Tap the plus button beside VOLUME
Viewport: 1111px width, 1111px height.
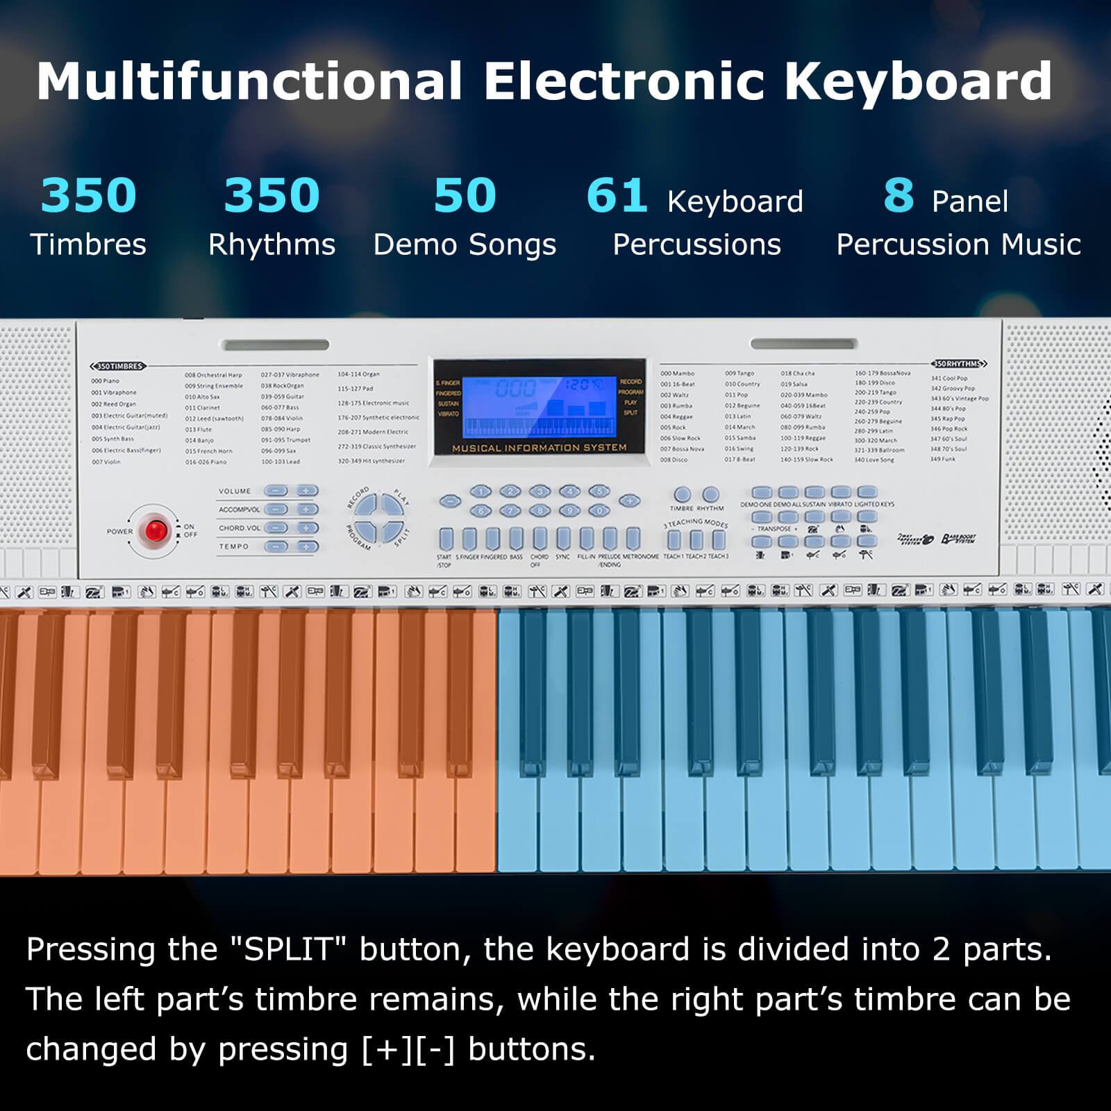pyautogui.click(x=306, y=491)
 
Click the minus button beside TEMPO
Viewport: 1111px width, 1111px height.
pyautogui.click(x=276, y=546)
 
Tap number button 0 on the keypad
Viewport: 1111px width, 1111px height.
pyautogui.click(x=599, y=511)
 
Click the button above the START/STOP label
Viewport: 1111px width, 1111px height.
pyautogui.click(x=446, y=539)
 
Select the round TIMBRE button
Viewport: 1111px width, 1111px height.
pyautogui.click(x=682, y=494)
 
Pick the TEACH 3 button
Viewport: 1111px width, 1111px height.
pyautogui.click(x=719, y=540)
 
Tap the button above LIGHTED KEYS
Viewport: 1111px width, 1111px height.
pyautogui.click(x=867, y=492)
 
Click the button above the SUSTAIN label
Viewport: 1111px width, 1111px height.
pyautogui.click(x=814, y=492)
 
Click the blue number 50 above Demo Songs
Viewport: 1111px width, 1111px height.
pyautogui.click(x=465, y=196)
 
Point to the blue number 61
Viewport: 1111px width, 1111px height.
pyautogui.click(x=617, y=196)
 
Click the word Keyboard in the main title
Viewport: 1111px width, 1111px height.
pyautogui.click(x=918, y=81)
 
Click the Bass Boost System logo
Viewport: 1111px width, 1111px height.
pyautogui.click(x=959, y=540)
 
